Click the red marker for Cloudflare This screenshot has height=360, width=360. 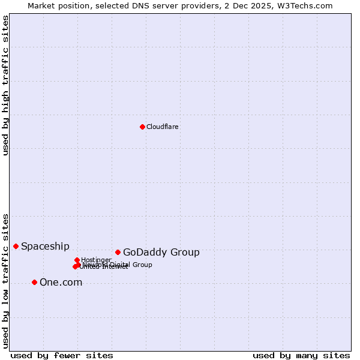pyautogui.click(x=142, y=127)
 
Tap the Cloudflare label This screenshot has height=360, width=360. pyautogui.click(x=163, y=127)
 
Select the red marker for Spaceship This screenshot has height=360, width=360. pyautogui.click(x=16, y=246)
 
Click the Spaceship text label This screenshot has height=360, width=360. pyautogui.click(x=45, y=247)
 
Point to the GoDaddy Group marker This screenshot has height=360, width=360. pyautogui.click(x=118, y=252)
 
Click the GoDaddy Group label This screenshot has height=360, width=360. pyautogui.click(x=161, y=253)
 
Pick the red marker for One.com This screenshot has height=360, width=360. pyautogui.click(x=34, y=282)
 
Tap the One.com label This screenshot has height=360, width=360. pyautogui.click(x=61, y=283)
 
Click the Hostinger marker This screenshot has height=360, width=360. pyautogui.click(x=77, y=260)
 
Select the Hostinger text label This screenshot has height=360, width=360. pyautogui.click(x=97, y=260)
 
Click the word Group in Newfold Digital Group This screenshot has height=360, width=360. pyautogui.click(x=142, y=265)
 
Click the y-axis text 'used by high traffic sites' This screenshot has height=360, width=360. pyautogui.click(x=6, y=85)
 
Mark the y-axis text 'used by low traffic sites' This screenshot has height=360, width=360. pyautogui.click(x=6, y=281)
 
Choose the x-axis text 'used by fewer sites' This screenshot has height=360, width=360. pyautogui.click(x=62, y=355)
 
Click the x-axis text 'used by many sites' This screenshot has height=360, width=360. pyautogui.click(x=301, y=355)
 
